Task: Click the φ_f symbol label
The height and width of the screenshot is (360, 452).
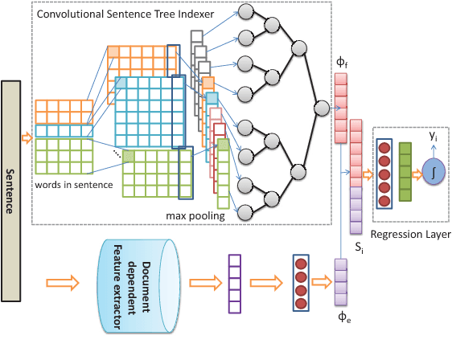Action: (x=339, y=62)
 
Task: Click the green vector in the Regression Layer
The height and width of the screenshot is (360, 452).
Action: (x=405, y=172)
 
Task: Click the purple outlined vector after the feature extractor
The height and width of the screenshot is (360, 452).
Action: (x=235, y=283)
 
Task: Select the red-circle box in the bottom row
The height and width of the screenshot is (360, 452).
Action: (x=302, y=283)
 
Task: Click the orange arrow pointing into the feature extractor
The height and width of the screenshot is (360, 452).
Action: (x=62, y=283)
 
